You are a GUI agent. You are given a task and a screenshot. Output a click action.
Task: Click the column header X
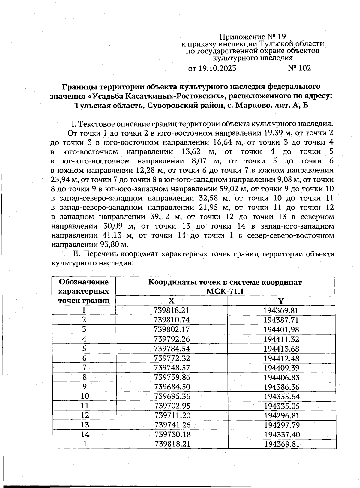[171, 301]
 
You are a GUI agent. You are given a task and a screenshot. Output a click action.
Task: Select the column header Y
[281, 301]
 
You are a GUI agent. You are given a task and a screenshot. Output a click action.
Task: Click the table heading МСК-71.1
[225, 291]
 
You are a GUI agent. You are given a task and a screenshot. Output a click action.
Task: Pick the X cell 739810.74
[172, 320]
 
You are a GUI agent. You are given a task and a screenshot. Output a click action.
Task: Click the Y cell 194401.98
[281, 329]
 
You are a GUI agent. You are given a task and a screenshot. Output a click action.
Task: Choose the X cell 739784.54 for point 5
[172, 349]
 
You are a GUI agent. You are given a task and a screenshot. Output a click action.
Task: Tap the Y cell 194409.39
[281, 368]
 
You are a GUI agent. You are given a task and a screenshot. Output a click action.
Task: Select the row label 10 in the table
[85, 396]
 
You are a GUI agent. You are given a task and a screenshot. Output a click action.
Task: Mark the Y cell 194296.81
[282, 415]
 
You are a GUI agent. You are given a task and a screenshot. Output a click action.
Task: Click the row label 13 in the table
[85, 425]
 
